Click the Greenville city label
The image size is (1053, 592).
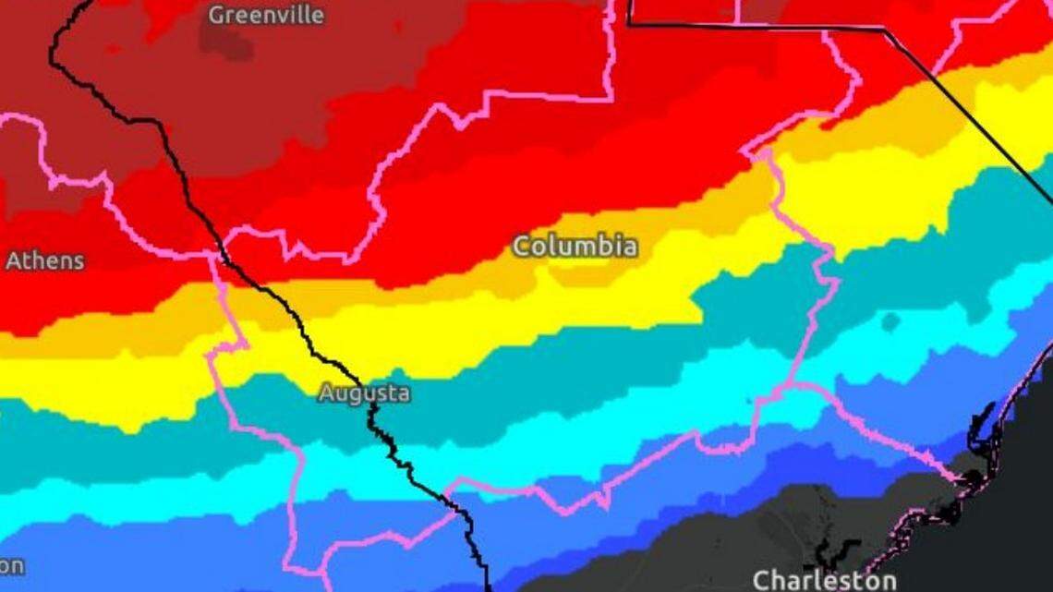coord(266,15)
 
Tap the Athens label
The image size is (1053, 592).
coord(44,260)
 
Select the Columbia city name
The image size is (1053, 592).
coord(575,247)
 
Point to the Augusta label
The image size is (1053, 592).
coord(364,393)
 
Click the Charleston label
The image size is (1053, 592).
coord(824,580)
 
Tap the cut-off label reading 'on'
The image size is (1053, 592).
coord(11,565)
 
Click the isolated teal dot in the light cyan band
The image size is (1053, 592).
coord(890,321)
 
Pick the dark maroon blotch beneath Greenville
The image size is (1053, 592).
coord(227,40)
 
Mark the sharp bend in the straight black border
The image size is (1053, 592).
coord(885,30)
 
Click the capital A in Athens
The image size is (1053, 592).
coord(13,260)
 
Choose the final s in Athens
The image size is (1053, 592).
coord(79,261)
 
